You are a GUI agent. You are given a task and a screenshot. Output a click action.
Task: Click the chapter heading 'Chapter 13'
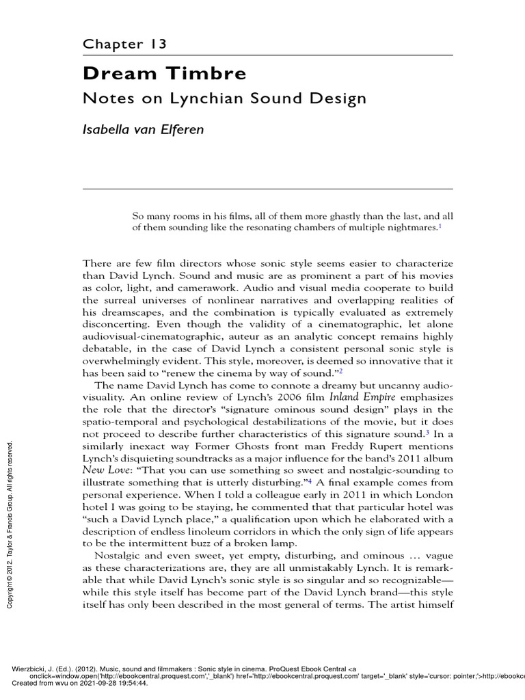tap(125, 44)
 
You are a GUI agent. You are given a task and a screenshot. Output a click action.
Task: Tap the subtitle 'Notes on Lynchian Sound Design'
tap(224, 98)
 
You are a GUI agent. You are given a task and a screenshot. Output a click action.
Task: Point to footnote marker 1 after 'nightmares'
tap(440, 226)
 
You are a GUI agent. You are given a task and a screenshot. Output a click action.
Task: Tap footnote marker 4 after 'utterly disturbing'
tap(310, 480)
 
